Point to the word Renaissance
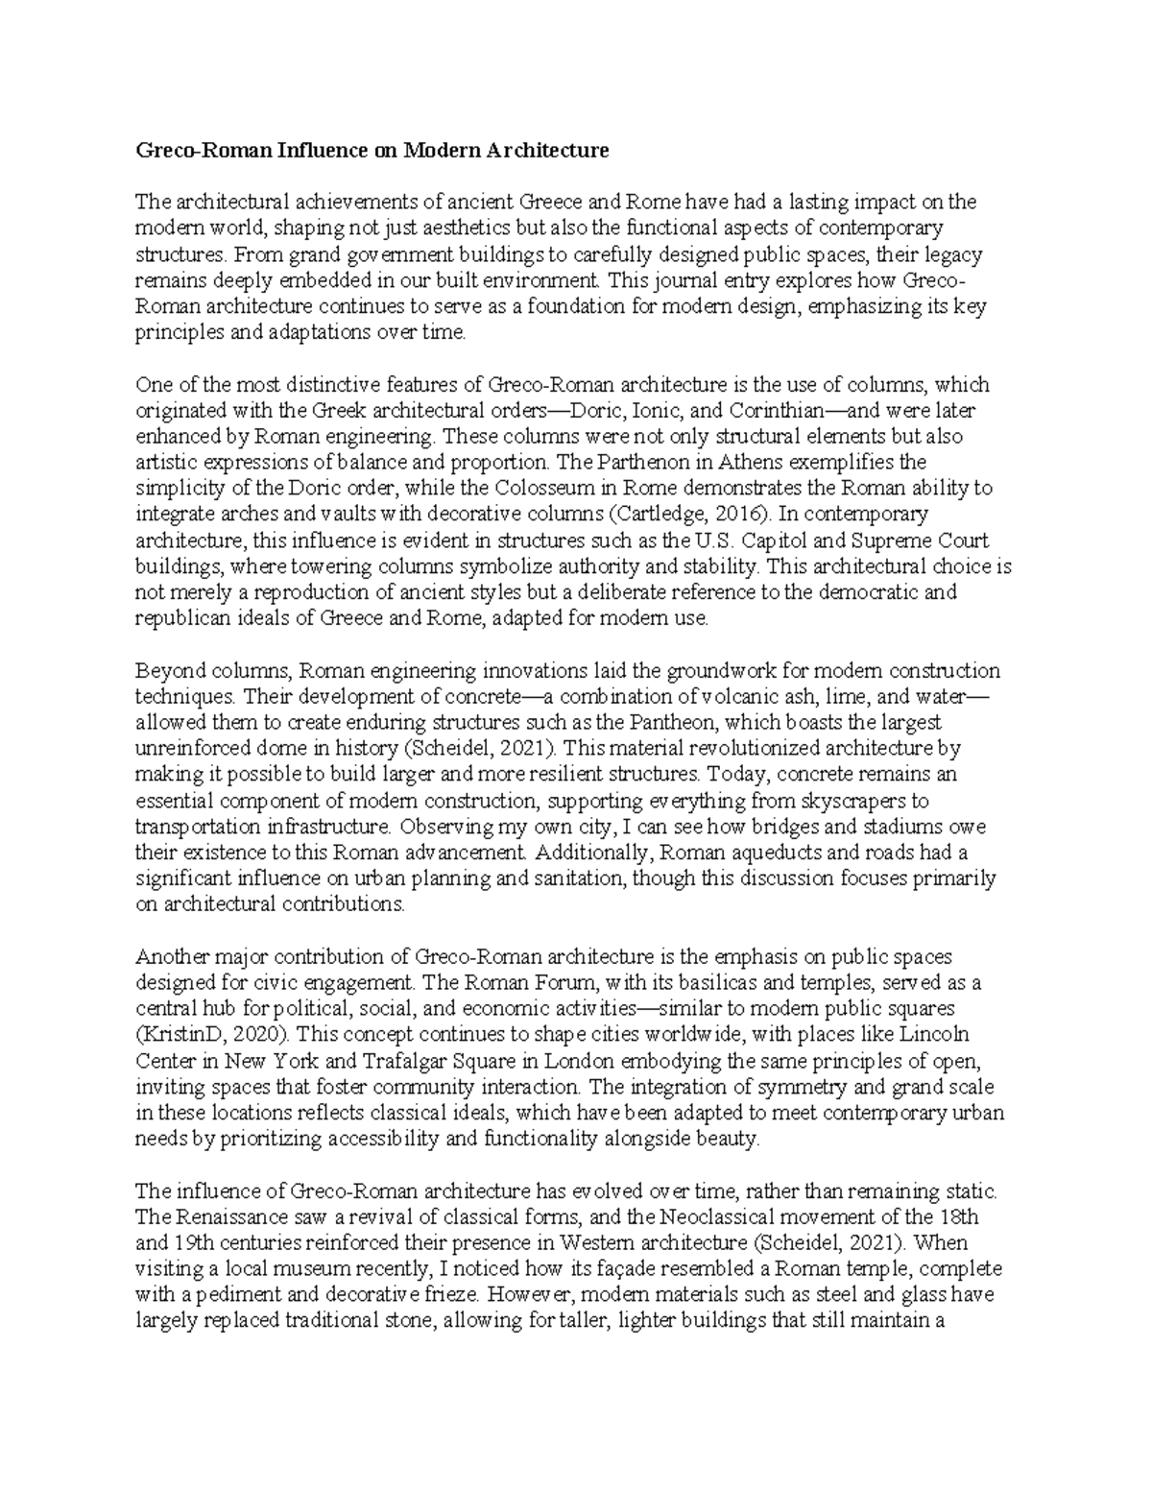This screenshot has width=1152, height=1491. tap(223, 1217)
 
